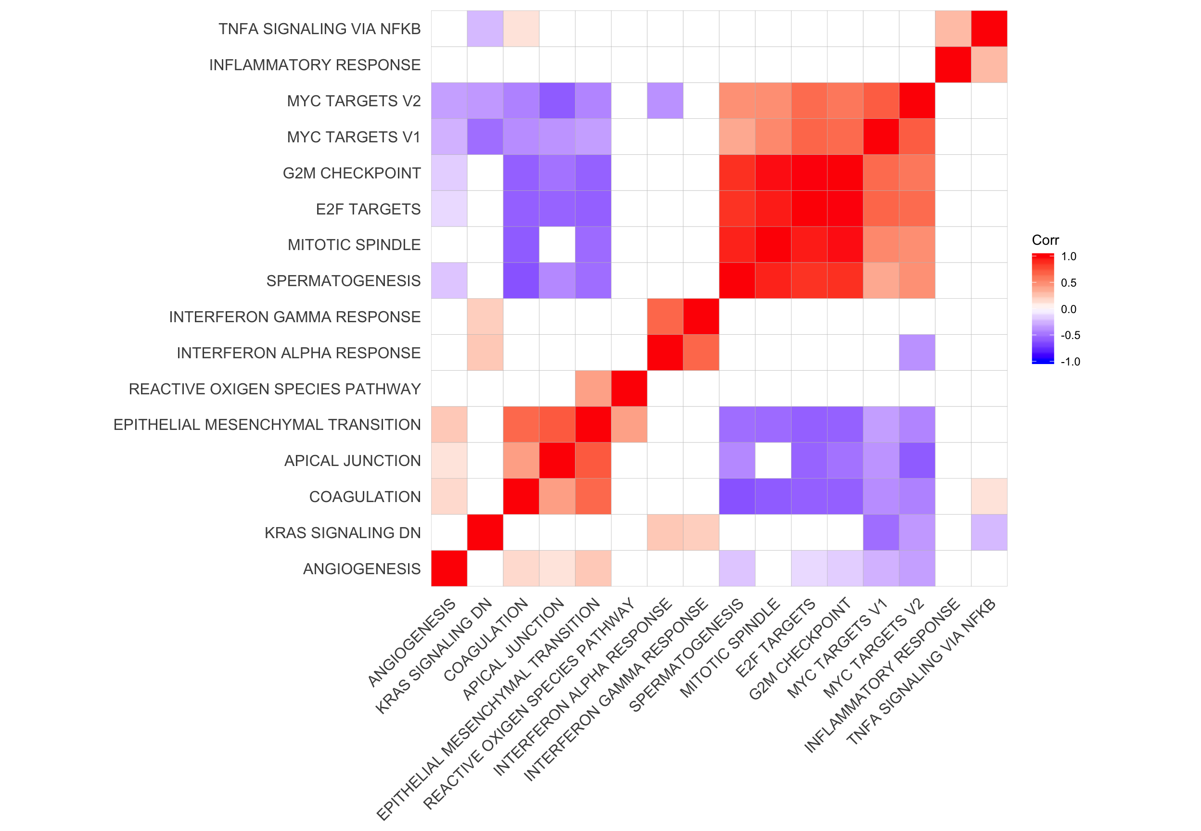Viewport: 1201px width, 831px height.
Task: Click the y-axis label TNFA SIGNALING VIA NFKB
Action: [x=319, y=29]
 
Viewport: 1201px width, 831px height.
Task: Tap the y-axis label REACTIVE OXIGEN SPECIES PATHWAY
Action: [x=274, y=389]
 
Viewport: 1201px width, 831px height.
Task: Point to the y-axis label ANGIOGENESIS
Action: [x=361, y=569]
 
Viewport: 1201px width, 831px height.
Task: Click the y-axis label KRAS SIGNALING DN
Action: [x=342, y=533]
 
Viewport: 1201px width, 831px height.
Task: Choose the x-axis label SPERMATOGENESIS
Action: [x=687, y=655]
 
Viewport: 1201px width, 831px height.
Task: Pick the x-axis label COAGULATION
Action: [x=486, y=640]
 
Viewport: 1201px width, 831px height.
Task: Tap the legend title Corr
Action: [x=1045, y=240]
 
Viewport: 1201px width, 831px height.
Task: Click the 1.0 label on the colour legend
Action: [x=1068, y=257]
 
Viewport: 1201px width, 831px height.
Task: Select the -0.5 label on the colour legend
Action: [x=1070, y=335]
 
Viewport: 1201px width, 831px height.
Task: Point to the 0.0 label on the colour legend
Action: [x=1068, y=309]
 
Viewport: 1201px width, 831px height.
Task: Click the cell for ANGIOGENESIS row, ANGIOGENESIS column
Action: [x=449, y=568]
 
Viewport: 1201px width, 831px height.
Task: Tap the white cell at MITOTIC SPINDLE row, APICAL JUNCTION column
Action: [x=557, y=245]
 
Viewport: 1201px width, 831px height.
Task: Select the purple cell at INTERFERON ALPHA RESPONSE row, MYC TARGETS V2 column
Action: [x=917, y=353]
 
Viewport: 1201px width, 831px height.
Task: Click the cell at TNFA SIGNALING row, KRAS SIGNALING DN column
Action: [x=485, y=29]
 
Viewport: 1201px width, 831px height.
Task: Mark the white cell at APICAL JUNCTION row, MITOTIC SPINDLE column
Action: [x=773, y=460]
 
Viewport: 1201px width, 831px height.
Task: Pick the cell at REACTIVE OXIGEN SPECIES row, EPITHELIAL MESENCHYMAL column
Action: [x=593, y=389]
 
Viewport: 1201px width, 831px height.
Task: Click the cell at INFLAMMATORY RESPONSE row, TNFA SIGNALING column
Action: [x=989, y=64]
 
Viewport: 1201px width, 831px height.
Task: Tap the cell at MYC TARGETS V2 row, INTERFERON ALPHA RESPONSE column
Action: [x=665, y=101]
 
